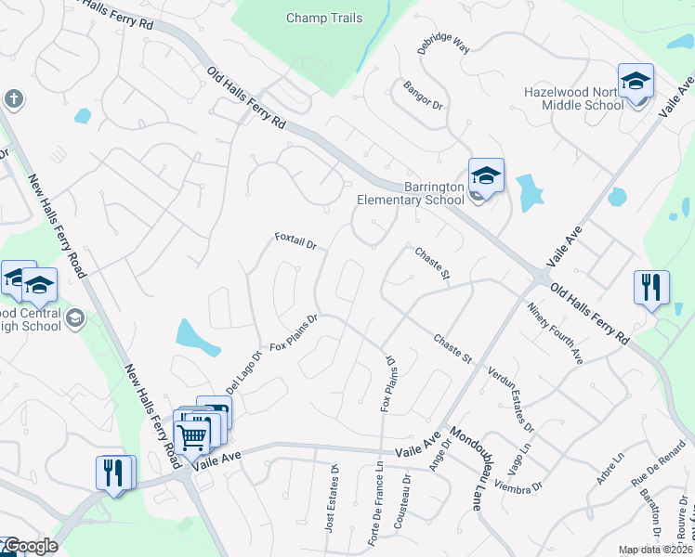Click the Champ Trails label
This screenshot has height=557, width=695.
click(x=324, y=18)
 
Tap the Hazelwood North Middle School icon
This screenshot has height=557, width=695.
click(x=636, y=82)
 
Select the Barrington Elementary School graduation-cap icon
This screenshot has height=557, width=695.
click(x=486, y=175)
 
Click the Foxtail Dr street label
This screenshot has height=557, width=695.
click(x=296, y=241)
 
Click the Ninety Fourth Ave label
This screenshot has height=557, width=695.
click(x=555, y=332)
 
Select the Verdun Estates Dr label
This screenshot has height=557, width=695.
click(x=511, y=399)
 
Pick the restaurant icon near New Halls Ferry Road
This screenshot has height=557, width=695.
click(x=111, y=473)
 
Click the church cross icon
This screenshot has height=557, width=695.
click(x=13, y=98)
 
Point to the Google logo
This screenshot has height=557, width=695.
click(x=30, y=546)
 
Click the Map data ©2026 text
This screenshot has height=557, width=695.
click(x=655, y=550)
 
